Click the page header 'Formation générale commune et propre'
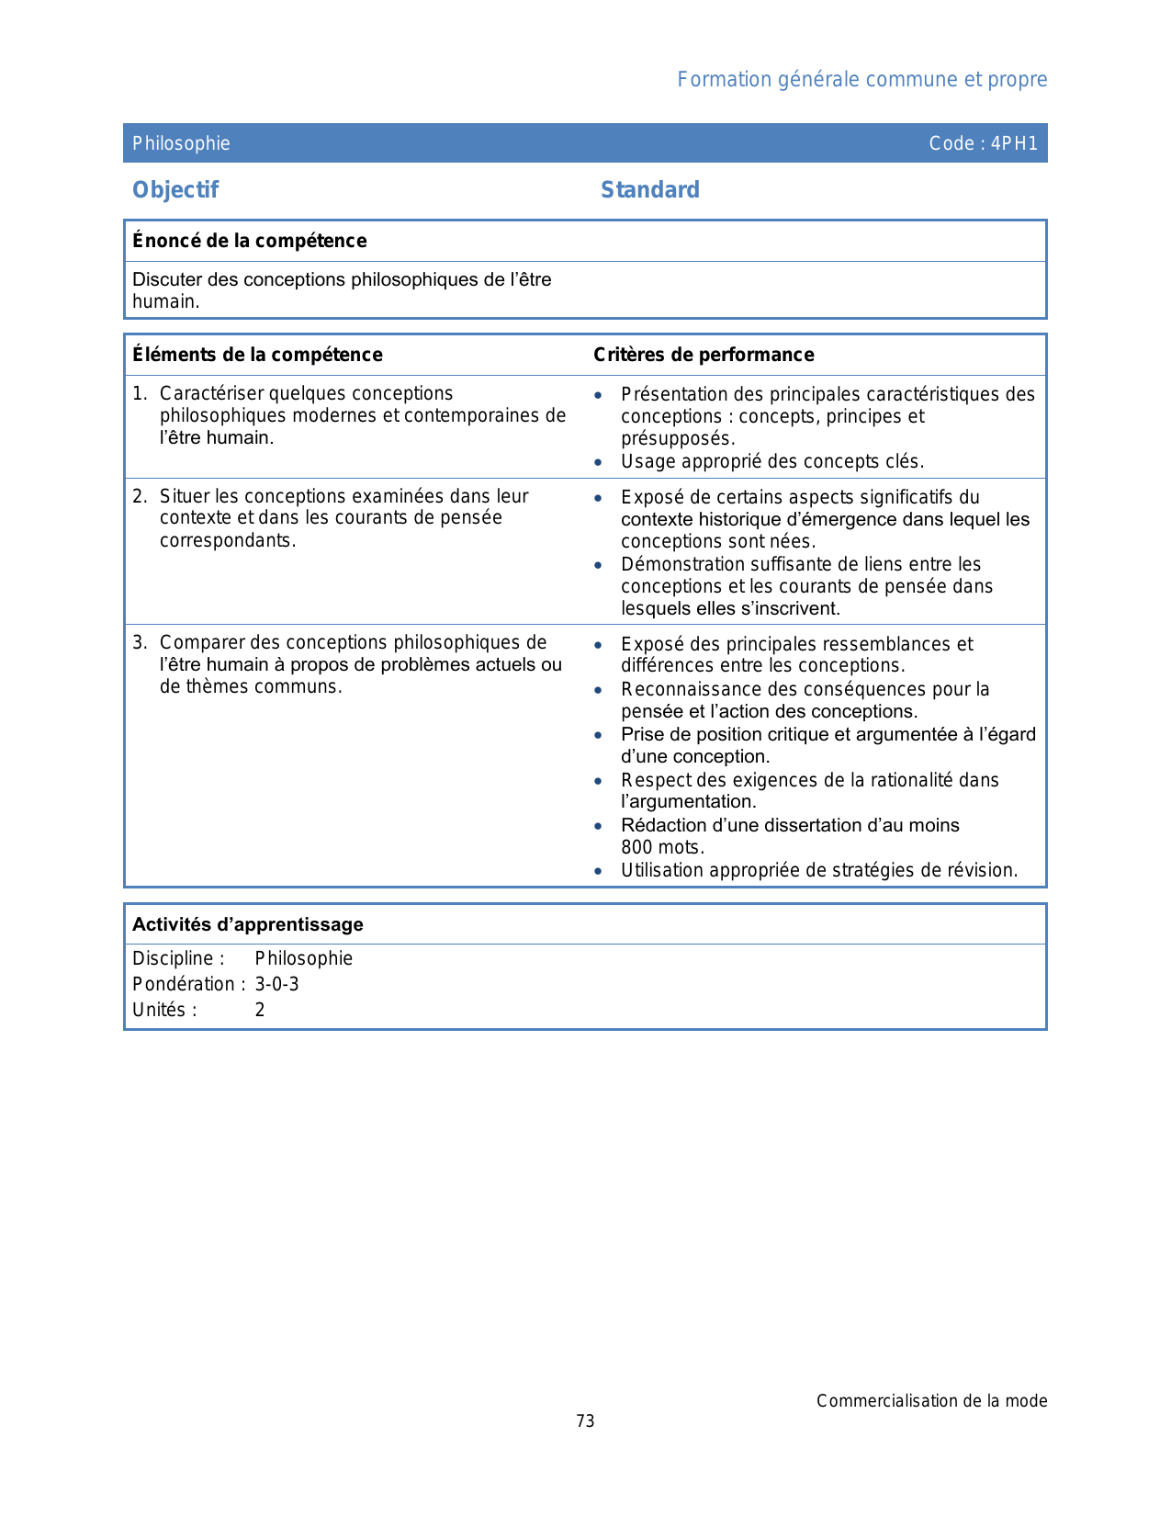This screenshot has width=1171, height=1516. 861,80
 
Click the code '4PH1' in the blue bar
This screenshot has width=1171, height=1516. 1014,143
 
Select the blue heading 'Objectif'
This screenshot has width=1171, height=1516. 175,190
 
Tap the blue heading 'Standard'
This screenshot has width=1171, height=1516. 649,190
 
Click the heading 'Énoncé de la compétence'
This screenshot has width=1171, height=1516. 249,241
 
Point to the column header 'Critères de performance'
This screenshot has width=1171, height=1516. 704,355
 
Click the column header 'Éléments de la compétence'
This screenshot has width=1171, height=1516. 257,355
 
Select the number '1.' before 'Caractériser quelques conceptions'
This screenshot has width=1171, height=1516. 140,394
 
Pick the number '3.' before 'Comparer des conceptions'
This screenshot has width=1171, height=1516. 140,643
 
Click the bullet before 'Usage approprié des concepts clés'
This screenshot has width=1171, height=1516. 598,463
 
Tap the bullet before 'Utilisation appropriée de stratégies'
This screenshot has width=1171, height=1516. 598,871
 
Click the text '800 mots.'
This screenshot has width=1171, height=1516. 662,848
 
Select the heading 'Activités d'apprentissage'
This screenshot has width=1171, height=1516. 248,924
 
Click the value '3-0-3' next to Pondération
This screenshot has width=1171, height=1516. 276,984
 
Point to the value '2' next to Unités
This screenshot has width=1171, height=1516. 260,1010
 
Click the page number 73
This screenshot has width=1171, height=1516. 585,1421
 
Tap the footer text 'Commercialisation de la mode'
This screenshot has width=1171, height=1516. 931,1401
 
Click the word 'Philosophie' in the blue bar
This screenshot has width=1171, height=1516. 181,143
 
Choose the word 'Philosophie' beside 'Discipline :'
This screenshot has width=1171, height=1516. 303,958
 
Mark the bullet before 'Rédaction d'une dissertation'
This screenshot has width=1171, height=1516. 598,826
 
